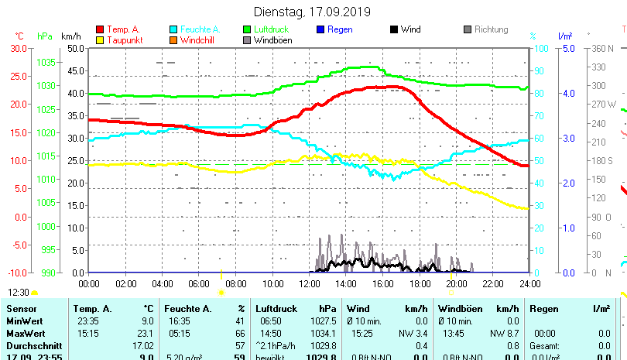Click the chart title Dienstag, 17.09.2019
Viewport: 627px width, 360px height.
click(x=313, y=12)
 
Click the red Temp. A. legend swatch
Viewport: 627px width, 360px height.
click(x=100, y=30)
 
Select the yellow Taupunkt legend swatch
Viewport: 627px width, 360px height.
click(x=100, y=40)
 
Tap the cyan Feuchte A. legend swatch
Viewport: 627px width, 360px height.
click(x=173, y=30)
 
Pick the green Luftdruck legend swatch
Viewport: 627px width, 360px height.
click(x=247, y=30)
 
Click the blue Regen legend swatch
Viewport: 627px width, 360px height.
click(x=320, y=30)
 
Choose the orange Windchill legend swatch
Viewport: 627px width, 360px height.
click(x=173, y=40)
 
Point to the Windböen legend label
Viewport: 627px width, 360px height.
click(x=272, y=40)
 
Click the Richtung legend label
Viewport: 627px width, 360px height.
click(x=491, y=30)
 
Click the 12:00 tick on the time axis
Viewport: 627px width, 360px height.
click(x=309, y=283)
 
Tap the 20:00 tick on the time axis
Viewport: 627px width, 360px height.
click(x=456, y=283)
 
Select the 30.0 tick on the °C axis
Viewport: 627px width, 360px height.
click(x=19, y=48)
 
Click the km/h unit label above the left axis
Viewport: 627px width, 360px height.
click(x=70, y=36)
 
